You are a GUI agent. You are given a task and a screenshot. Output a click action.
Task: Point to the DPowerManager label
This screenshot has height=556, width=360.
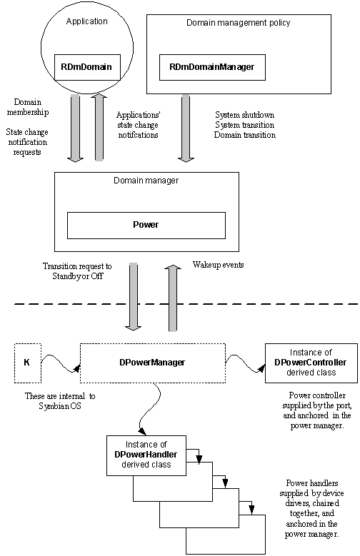click(152, 363)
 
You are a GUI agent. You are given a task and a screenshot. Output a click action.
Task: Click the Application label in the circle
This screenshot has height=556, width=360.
click(87, 21)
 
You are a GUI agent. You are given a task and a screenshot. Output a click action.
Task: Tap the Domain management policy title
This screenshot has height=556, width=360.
click(239, 23)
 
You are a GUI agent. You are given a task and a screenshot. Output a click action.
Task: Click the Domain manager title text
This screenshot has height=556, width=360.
click(146, 181)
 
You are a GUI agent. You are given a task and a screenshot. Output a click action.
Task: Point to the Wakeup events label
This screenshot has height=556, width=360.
click(219, 265)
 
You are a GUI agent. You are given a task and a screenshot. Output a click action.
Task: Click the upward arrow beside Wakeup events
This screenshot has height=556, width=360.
click(173, 298)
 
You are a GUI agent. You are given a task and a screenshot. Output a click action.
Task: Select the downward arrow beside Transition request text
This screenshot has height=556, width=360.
click(133, 296)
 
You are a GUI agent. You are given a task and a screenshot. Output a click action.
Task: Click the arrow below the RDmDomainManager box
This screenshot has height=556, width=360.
click(186, 128)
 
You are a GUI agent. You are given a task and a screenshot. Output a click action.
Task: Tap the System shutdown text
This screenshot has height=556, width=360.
click(244, 115)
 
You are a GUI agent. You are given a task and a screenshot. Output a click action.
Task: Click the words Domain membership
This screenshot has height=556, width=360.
click(28, 107)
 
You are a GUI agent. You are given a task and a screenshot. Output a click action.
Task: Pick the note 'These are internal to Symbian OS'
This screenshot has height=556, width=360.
click(60, 401)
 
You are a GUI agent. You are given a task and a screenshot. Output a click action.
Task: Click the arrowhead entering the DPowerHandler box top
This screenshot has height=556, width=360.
click(142, 432)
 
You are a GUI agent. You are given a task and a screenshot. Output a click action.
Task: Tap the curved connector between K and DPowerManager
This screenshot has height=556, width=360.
click(60, 363)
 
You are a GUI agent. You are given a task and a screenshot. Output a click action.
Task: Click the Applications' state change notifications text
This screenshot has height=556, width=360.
click(138, 125)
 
